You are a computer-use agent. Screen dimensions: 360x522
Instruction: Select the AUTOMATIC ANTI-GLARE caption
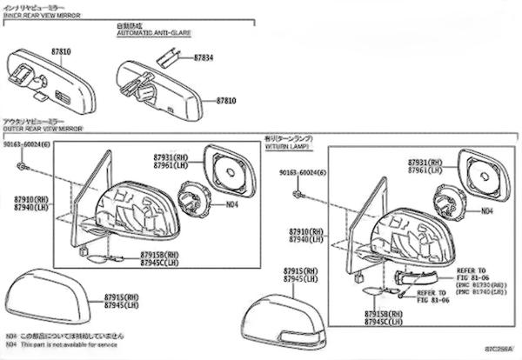153,33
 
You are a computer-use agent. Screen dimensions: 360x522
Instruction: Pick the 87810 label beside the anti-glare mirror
226,101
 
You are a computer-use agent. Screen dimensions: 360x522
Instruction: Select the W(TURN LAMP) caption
292,145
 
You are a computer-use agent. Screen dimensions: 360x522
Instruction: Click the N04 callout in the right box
487,210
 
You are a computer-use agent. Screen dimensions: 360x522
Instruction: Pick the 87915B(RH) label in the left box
159,256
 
